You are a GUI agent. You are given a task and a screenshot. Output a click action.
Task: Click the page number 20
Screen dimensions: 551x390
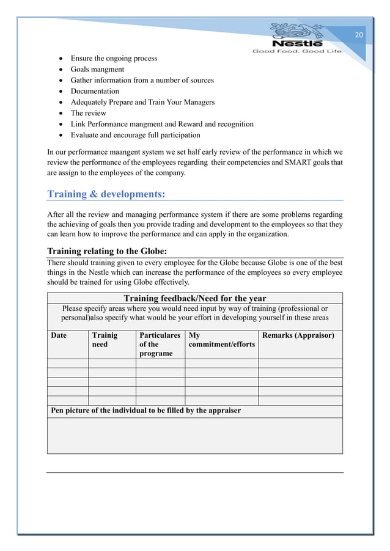359,35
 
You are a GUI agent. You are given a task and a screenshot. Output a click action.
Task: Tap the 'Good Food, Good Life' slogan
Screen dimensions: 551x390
297,51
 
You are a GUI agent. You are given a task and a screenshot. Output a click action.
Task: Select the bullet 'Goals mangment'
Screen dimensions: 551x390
97,70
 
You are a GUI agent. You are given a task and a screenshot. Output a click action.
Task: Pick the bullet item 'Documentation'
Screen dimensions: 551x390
95,92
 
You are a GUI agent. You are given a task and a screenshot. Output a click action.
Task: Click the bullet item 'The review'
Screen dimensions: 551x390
88,113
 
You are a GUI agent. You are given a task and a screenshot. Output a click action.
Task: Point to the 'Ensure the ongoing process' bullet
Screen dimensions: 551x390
114,59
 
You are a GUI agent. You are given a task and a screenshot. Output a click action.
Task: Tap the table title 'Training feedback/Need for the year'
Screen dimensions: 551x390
195,298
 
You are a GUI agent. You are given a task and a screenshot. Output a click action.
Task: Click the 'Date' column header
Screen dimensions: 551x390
59,335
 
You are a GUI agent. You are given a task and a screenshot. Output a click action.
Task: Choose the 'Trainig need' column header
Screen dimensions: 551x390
104,340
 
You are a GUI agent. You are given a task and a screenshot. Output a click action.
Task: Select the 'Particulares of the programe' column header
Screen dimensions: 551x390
160,344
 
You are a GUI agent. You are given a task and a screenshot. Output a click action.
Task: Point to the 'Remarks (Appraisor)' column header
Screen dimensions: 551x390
298,335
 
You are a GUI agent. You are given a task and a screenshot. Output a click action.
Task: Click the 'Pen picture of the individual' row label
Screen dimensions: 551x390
145,411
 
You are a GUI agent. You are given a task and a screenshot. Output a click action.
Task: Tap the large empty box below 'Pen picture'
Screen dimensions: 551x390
194,436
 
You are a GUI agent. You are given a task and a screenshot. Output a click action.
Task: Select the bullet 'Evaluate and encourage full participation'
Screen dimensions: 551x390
135,135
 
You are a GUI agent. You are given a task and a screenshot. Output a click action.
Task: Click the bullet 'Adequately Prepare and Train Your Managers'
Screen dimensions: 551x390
142,102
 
